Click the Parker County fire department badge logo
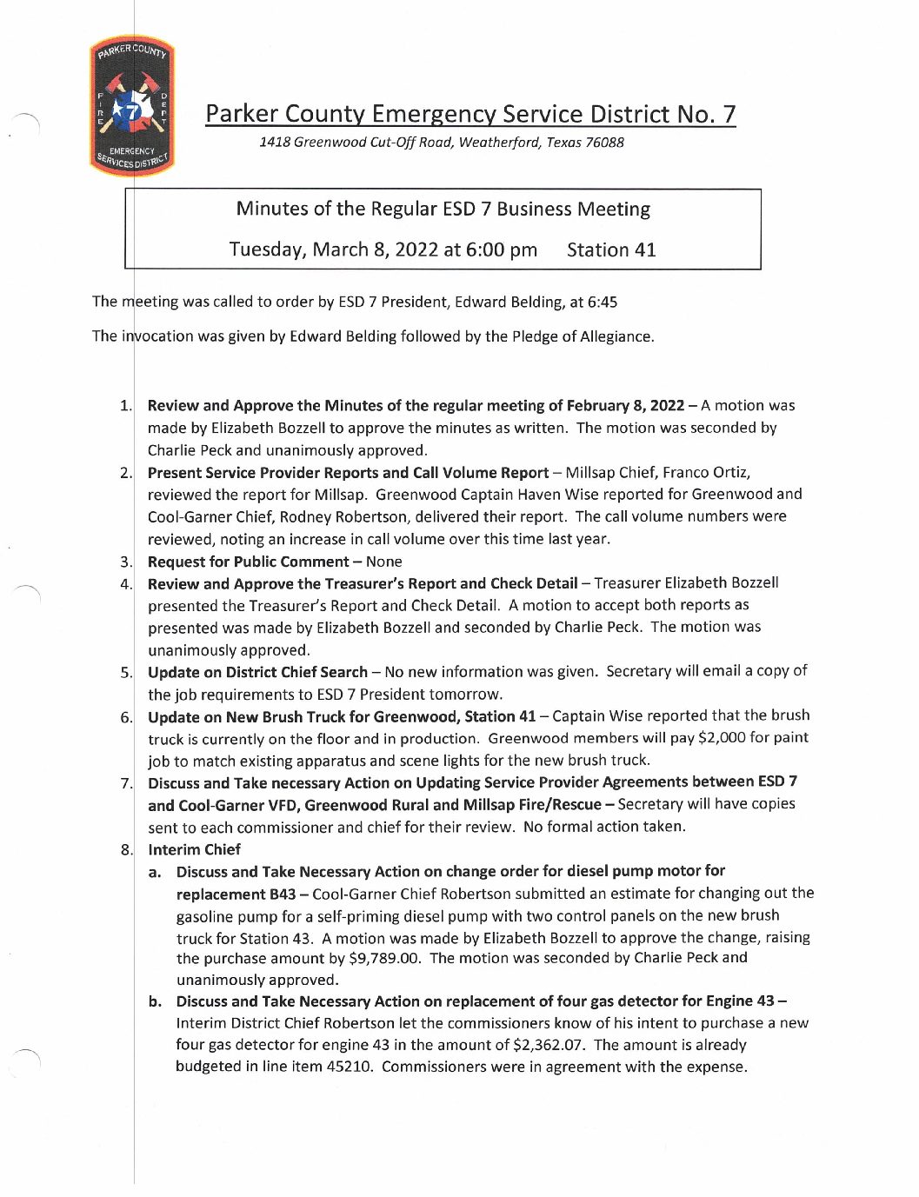click(x=131, y=107)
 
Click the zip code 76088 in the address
click(x=604, y=143)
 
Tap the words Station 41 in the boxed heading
click(x=611, y=250)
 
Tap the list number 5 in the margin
click(x=126, y=672)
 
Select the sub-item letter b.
click(x=155, y=1001)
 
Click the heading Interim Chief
click(x=194, y=849)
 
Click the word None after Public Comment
click(x=383, y=562)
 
